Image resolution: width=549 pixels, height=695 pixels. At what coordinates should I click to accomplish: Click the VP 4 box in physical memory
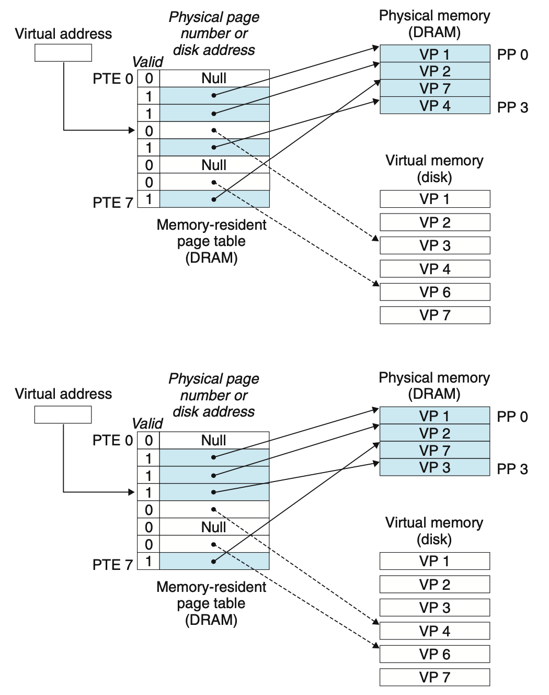434,106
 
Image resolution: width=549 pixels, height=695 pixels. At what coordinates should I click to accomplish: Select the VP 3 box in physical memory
434,467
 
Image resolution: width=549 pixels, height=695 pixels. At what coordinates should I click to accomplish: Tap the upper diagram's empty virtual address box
63,53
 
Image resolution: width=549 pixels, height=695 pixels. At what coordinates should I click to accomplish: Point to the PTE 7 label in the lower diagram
112,565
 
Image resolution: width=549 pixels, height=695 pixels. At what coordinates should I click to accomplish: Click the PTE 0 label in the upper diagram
113,79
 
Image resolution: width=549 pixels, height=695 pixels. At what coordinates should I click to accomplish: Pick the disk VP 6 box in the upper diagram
434,292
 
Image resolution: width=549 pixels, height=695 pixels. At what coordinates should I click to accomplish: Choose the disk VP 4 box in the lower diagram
434,631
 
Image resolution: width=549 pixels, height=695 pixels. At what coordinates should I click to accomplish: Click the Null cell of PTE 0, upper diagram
214,79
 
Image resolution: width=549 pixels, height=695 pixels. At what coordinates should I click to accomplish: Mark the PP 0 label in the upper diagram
512,54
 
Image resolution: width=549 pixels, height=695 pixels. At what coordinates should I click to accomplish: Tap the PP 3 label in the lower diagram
512,469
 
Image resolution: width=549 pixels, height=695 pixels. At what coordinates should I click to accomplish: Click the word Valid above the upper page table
147,62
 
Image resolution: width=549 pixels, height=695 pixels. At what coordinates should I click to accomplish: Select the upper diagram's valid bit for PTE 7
149,199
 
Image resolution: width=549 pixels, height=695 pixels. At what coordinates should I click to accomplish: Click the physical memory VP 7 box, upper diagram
434,88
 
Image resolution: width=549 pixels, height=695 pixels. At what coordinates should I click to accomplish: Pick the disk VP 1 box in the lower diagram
434,561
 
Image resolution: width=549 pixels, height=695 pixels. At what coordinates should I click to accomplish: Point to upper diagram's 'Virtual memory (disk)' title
434,169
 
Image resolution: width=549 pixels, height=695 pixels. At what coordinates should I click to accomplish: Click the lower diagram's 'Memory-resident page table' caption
211,603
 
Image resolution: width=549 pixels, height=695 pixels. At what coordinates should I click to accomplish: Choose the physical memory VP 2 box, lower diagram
434,433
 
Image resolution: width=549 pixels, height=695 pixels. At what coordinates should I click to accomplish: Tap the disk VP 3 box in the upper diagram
434,245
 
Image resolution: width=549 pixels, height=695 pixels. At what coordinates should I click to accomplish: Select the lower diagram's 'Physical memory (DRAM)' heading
434,386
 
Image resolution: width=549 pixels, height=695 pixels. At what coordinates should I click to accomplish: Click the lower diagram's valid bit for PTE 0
149,441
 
